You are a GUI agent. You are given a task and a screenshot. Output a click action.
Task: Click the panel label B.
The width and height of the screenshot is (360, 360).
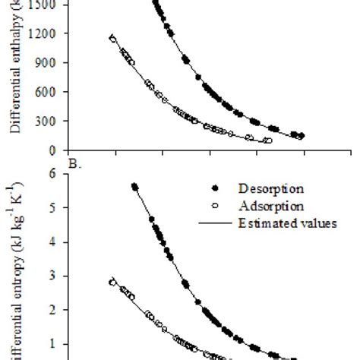click(73, 161)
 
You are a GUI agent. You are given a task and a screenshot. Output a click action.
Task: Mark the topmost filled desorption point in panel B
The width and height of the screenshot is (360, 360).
click(134, 186)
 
